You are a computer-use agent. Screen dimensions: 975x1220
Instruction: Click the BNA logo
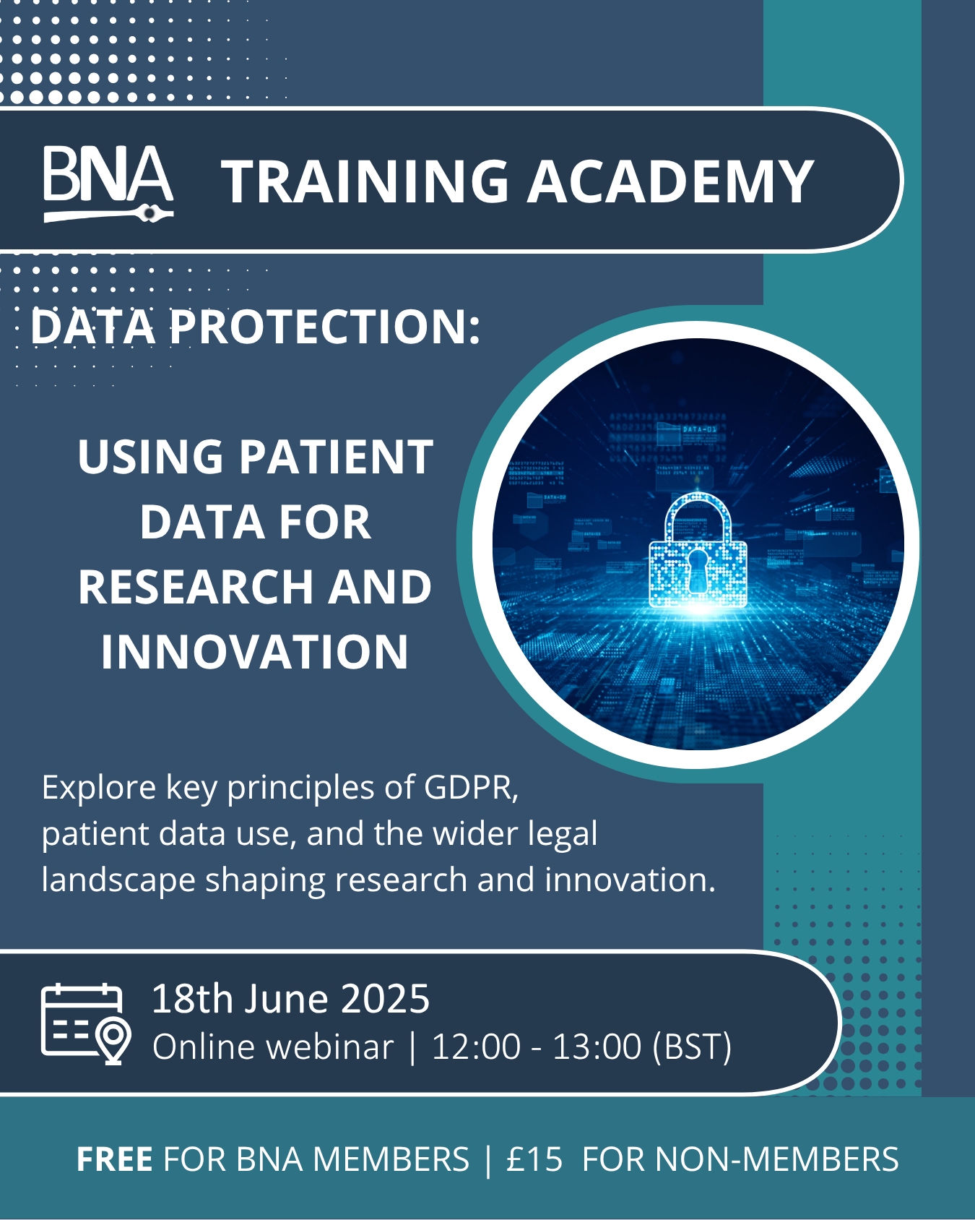coord(108,184)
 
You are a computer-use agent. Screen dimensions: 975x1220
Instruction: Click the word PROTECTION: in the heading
coord(326,327)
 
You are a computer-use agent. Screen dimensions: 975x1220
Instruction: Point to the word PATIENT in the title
coord(337,457)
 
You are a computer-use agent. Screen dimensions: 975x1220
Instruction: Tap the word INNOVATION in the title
coord(255,652)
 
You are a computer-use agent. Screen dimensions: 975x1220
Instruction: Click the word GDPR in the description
coord(472,787)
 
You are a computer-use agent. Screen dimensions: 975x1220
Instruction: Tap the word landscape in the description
coord(118,881)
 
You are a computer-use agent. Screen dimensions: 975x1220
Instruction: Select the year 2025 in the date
coord(385,1000)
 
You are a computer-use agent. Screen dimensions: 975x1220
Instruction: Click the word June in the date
coord(287,1000)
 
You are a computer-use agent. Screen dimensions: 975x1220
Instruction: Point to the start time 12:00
coord(476,1047)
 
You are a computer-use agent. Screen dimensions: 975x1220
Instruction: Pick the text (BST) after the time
coord(692,1047)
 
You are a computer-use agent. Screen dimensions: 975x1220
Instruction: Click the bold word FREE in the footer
coord(114,1159)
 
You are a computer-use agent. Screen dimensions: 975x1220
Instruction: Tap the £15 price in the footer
coord(534,1159)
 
